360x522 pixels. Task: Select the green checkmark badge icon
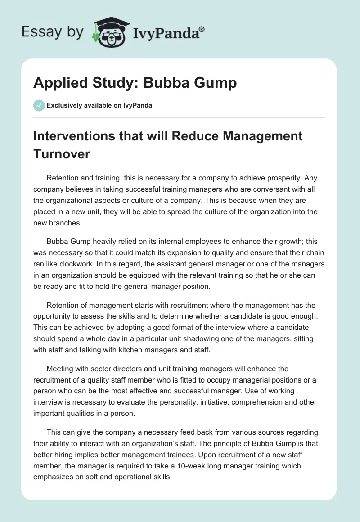click(39, 105)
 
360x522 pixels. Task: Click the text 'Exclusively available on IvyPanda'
click(99, 105)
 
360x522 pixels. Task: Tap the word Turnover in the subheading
click(62, 154)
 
